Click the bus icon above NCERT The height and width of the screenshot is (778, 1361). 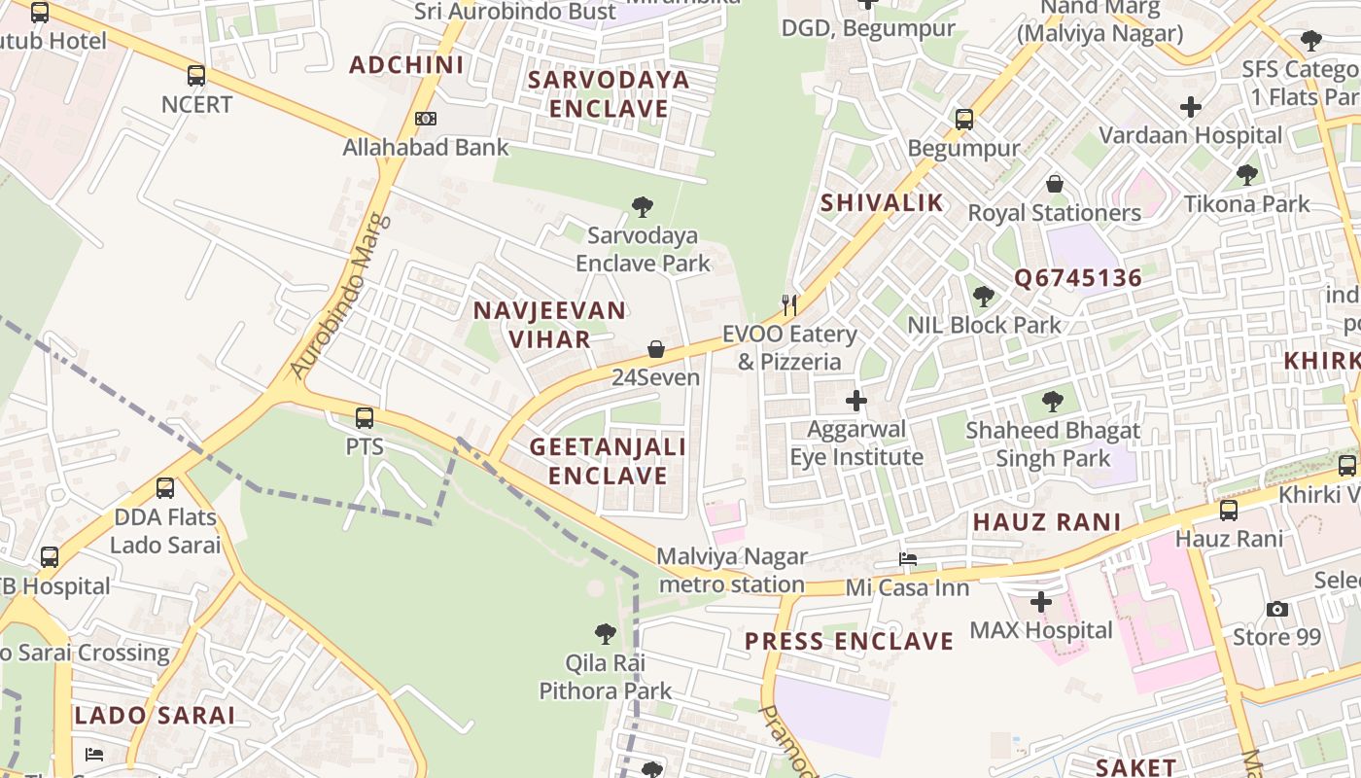196,76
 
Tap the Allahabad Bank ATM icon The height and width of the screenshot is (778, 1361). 425,119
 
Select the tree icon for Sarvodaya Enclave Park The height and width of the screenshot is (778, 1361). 642,206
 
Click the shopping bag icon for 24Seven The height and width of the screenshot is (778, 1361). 656,349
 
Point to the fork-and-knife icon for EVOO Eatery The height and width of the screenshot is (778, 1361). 789,305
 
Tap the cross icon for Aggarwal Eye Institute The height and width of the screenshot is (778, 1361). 855,400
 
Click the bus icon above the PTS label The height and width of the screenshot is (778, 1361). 365,418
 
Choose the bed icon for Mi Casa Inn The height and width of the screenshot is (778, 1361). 908,559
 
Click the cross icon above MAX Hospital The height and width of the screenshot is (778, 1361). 1040,602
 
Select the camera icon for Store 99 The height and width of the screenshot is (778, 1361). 1277,610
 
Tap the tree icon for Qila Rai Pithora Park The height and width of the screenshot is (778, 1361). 605,634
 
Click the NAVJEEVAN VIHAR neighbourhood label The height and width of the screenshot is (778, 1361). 549,325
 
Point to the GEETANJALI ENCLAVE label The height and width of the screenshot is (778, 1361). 608,461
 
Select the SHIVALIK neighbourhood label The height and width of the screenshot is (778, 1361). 882,202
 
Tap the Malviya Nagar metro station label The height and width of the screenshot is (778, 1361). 732,570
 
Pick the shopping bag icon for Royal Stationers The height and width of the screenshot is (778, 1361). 1055,184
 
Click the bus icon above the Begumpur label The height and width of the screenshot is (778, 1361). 963,120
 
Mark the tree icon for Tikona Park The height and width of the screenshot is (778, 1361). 1247,175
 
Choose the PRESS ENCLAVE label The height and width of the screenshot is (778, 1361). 849,642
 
